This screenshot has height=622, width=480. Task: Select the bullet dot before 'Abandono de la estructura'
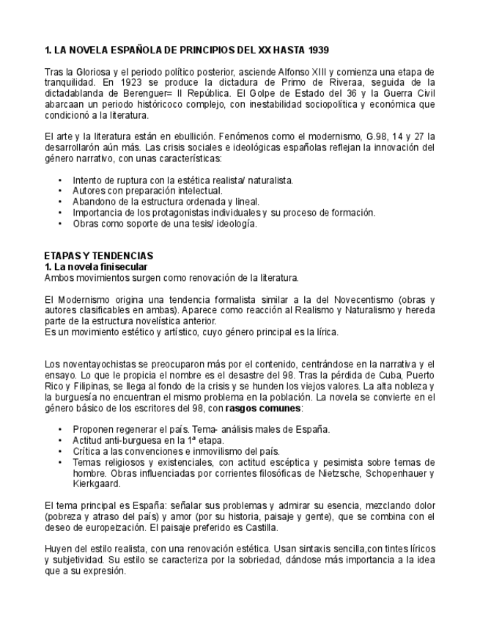pos(59,202)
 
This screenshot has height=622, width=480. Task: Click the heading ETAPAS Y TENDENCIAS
pos(98,255)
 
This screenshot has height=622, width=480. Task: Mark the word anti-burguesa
pos(130,440)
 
